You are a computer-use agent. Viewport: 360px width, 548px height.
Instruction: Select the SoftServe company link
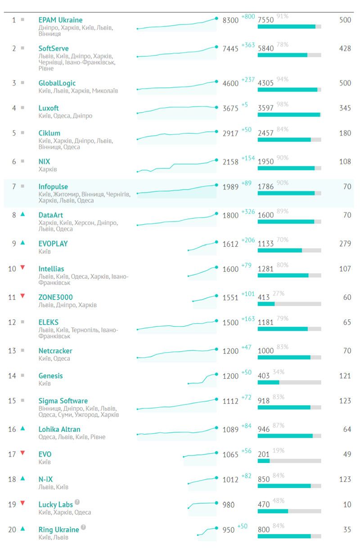(54, 49)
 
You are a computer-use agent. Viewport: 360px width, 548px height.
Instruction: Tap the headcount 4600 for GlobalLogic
(230, 83)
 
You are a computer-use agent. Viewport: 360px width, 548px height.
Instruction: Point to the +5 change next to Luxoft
(245, 104)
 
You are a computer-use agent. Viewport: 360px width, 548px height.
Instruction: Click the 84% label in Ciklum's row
(283, 130)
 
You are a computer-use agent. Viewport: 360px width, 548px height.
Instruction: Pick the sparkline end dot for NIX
(216, 160)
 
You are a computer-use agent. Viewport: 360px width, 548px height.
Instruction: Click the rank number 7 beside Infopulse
(13, 186)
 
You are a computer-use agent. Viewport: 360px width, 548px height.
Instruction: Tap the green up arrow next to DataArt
(22, 215)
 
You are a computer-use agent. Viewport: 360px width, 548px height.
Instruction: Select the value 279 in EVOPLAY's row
(345, 244)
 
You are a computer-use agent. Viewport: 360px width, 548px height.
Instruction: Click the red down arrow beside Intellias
(22, 267)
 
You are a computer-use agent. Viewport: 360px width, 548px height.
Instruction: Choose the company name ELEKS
(49, 322)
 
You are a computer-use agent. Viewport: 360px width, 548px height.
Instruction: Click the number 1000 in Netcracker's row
(265, 351)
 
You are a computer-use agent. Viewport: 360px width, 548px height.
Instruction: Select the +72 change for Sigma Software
(246, 397)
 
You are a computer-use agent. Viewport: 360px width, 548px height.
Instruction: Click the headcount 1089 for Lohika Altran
(230, 430)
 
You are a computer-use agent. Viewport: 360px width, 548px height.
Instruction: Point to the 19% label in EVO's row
(279, 451)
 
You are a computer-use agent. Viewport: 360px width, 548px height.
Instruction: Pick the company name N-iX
(45, 480)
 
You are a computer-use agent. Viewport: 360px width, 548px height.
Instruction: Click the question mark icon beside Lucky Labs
(77, 502)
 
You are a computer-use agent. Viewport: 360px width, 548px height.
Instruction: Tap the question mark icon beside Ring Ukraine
(83, 527)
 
